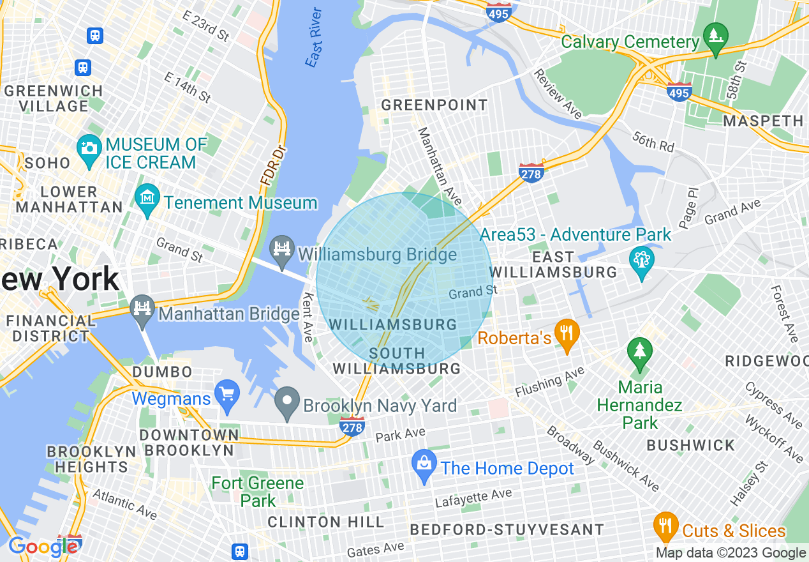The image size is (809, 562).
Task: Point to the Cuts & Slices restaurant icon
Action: pos(666,525)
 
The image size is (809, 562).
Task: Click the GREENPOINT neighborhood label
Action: pos(434,105)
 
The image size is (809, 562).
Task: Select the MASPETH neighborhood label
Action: pos(763,121)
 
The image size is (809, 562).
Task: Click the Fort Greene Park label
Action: pos(258,492)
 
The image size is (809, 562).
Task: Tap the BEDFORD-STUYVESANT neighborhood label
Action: pos(507,529)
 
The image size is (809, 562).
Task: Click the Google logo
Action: pos(43,547)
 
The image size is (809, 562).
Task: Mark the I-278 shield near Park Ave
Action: pos(352,427)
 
